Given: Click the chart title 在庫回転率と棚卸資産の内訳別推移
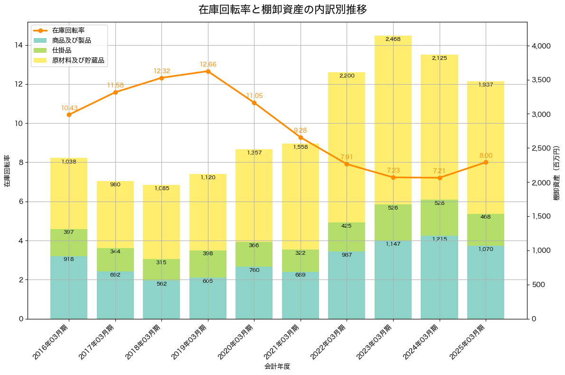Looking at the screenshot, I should pos(282,10).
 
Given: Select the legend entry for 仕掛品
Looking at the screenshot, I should pos(62,50).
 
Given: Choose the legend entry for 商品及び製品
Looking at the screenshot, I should pos(71,40).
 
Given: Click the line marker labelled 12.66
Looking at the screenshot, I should pos(208,71).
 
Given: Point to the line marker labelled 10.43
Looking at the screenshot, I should pos(69,115).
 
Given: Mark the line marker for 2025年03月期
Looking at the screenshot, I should pos(486,163).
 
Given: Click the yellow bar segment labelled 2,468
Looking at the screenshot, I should pos(393,119).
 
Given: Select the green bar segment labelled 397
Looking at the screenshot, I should pos(69,242).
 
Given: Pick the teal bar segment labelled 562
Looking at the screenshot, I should pos(161,299).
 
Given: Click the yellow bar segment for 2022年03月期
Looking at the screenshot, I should pos(347,147).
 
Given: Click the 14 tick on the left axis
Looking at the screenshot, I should pos(19,45).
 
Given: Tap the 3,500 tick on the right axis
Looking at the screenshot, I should pos(541,80).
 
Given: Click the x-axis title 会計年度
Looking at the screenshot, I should pos(277,366).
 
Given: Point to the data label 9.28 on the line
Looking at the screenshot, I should pos(301,130).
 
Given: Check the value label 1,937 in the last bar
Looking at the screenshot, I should pos(486,85).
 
